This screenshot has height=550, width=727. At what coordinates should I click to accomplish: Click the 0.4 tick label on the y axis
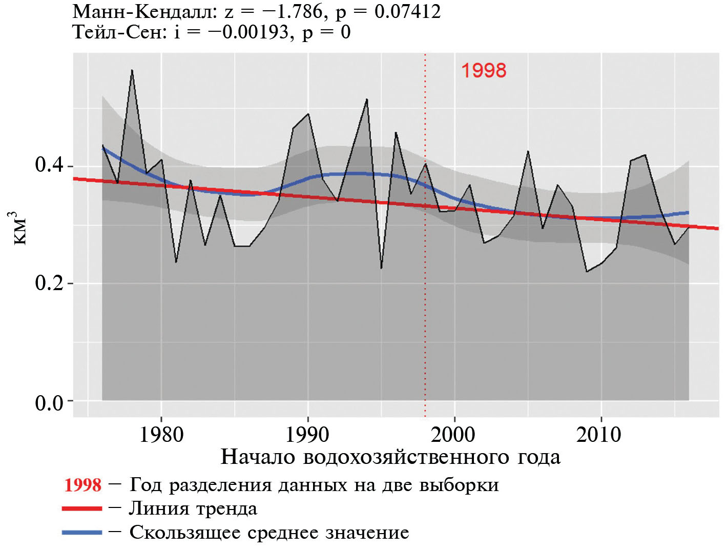49,165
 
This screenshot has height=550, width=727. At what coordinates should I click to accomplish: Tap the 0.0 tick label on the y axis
49,403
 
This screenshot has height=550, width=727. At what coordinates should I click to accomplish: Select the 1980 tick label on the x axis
161,435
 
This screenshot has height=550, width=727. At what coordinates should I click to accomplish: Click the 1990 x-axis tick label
307,435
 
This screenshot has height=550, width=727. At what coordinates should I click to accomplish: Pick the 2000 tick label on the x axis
453,435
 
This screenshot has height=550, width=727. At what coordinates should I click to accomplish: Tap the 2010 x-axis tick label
599,435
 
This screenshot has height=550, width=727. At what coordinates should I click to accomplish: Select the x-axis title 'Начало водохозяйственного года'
390,457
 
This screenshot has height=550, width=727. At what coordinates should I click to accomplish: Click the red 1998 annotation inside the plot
484,71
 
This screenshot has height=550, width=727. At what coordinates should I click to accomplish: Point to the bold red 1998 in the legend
82,485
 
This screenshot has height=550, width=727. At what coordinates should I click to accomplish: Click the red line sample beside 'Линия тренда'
82,508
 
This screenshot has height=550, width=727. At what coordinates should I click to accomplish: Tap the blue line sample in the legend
82,533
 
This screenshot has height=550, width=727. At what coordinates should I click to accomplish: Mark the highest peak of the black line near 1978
132,70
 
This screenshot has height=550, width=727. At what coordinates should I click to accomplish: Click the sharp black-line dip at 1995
381,268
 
